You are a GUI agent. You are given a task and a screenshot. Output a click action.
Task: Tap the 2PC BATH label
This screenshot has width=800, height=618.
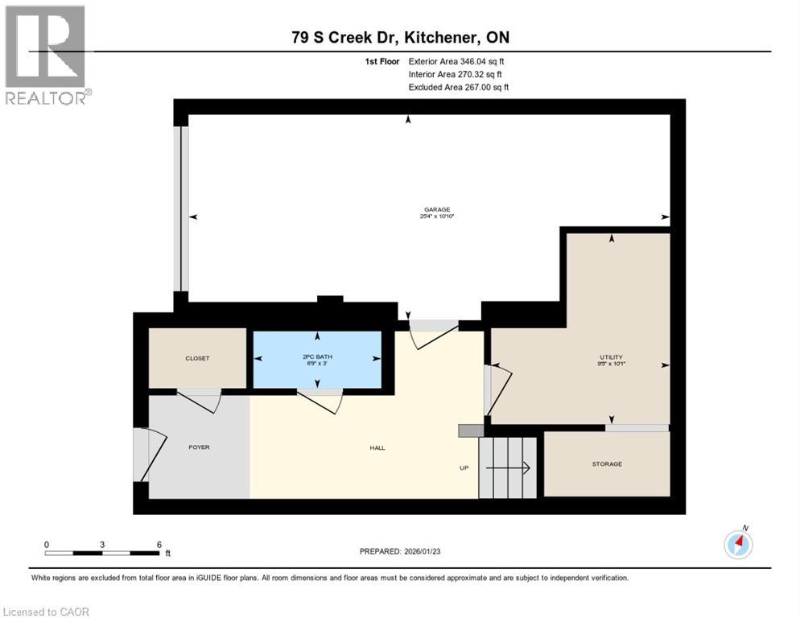click(x=317, y=356)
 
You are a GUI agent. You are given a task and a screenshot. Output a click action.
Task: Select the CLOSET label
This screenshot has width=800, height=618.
click(x=197, y=358)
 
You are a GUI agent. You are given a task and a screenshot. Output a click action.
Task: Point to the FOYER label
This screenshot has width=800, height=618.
click(x=199, y=447)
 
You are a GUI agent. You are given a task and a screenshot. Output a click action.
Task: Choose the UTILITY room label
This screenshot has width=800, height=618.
click(x=611, y=357)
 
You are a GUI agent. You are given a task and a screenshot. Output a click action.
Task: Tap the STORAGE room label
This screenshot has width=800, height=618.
click(x=607, y=463)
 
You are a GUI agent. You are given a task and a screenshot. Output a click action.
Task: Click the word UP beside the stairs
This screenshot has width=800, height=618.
click(x=464, y=468)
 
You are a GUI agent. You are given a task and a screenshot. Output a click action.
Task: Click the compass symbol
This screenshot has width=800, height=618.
click(x=738, y=545)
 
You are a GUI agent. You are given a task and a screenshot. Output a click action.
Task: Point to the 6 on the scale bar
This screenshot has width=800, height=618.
click(x=159, y=544)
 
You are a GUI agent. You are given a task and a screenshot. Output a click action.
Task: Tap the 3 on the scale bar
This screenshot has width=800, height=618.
click(x=102, y=544)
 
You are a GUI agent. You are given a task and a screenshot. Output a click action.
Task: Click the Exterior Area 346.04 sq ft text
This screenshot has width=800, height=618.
click(x=456, y=61)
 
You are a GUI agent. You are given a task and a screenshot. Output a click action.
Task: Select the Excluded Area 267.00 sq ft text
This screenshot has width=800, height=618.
click(x=458, y=87)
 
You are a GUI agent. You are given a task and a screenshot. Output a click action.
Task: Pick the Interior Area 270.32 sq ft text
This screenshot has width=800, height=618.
click(x=456, y=74)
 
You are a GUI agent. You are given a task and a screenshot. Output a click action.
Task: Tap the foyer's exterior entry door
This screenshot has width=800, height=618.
click(x=146, y=455)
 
